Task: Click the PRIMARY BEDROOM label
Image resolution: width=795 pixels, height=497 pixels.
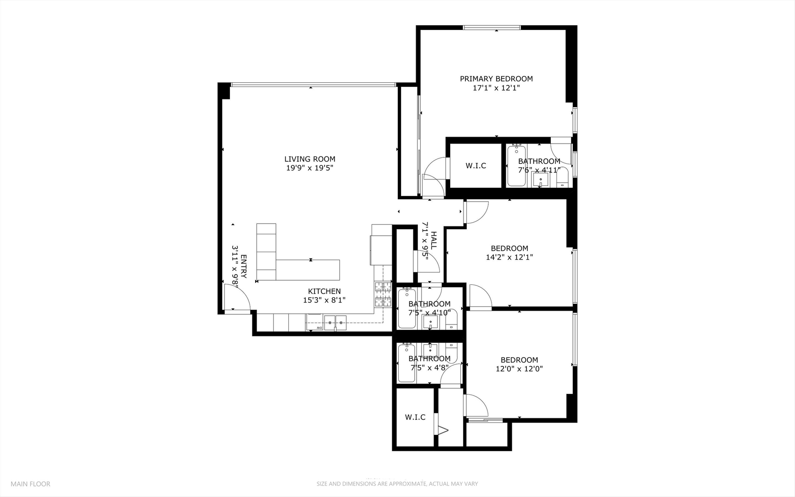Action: click(x=496, y=79)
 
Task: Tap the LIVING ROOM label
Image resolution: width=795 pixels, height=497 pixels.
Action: click(x=309, y=159)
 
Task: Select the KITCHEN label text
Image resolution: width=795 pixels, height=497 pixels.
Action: click(x=324, y=291)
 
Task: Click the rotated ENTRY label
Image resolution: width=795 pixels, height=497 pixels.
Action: click(x=243, y=266)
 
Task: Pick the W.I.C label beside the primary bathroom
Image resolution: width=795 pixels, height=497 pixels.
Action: click(x=475, y=166)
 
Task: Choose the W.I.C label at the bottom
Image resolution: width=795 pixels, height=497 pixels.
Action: click(x=415, y=417)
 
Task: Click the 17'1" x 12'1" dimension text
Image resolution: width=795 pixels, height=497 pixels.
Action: click(x=496, y=88)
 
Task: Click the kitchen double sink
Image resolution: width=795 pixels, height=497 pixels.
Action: click(x=335, y=323)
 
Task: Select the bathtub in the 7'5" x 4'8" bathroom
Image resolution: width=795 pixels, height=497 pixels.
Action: click(x=406, y=363)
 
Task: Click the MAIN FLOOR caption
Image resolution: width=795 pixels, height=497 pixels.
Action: click(x=30, y=484)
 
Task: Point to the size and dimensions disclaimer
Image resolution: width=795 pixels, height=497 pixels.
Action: click(x=397, y=484)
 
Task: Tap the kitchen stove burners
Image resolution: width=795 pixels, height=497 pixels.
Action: click(x=383, y=295)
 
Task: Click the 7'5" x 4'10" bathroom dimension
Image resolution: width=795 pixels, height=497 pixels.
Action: click(x=429, y=313)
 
